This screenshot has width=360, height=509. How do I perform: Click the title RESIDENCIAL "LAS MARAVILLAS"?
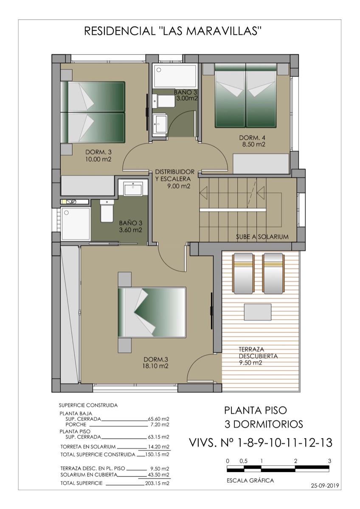coord(173,31)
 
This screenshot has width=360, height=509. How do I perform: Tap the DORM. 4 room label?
coord(252,141)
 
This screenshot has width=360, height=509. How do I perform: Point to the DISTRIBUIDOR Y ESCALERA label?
coord(174,179)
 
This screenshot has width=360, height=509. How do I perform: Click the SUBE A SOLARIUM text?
coord(262,237)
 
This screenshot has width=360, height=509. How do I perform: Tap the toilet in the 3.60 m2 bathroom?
coord(107,212)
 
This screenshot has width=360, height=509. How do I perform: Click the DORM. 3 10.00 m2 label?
coord(98,156)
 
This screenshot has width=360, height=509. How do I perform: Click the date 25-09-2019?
coord(326,486)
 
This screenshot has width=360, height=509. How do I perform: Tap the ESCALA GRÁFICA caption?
coord(250,481)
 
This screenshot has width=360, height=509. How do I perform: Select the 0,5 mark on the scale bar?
coord(244,461)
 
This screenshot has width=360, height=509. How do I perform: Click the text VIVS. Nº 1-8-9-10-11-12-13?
coord(260,443)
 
